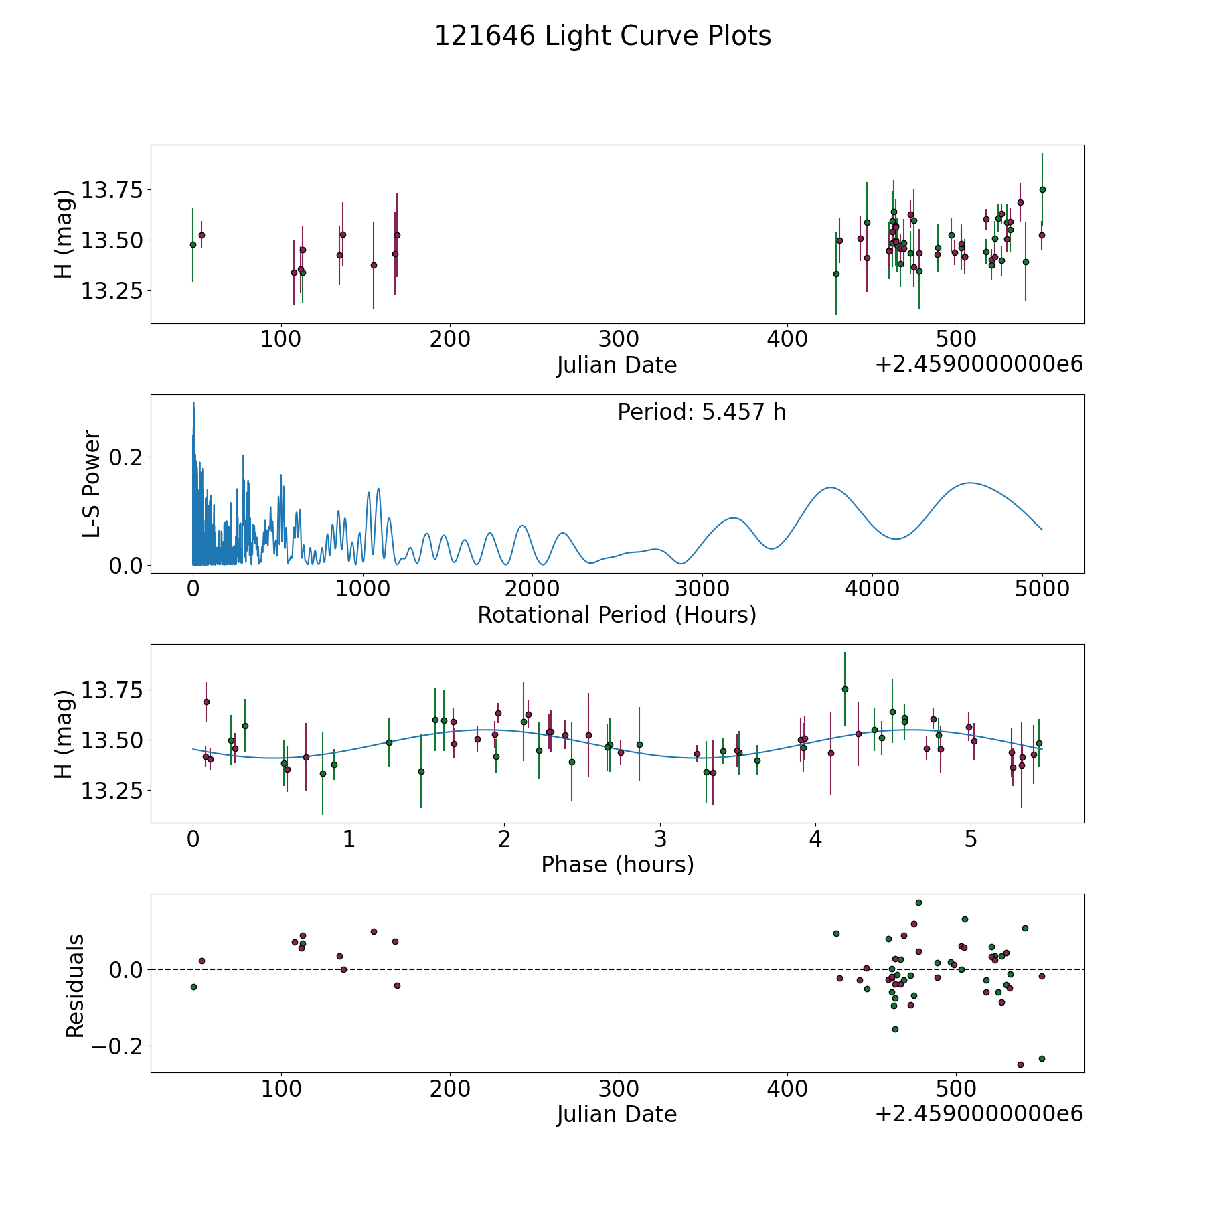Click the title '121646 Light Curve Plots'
click(602, 36)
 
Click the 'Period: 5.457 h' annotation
click(702, 412)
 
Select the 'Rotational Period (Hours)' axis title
click(617, 615)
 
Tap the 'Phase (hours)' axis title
click(617, 864)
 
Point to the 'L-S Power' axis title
click(92, 483)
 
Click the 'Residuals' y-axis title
click(75, 986)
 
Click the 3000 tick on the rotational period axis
click(702, 590)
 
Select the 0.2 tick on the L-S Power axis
click(127, 457)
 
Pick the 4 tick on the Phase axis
click(815, 839)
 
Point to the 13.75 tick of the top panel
click(112, 190)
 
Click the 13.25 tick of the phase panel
click(112, 791)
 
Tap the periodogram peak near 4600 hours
click(969, 483)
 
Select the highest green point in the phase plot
click(845, 689)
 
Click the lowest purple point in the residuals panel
click(1020, 1064)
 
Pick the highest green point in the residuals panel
click(918, 902)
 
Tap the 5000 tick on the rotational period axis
click(1042, 590)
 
